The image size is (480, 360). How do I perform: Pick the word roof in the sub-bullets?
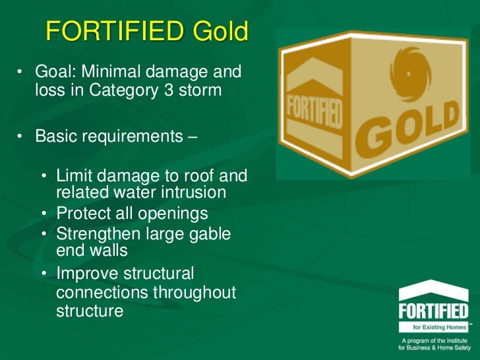(198, 176)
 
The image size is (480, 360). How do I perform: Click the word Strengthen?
(96, 233)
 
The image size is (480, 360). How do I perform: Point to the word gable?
(207, 233)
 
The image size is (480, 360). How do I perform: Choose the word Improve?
(86, 273)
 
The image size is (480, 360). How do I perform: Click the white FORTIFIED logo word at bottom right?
(433, 311)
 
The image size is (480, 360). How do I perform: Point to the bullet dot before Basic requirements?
(21, 136)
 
